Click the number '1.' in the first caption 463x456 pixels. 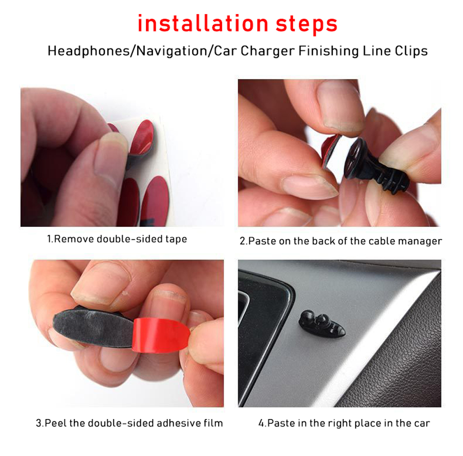click(x=51, y=239)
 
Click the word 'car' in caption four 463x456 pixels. click(x=420, y=423)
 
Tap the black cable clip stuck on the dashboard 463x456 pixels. click(x=322, y=325)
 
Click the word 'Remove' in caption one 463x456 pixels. click(x=74, y=239)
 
